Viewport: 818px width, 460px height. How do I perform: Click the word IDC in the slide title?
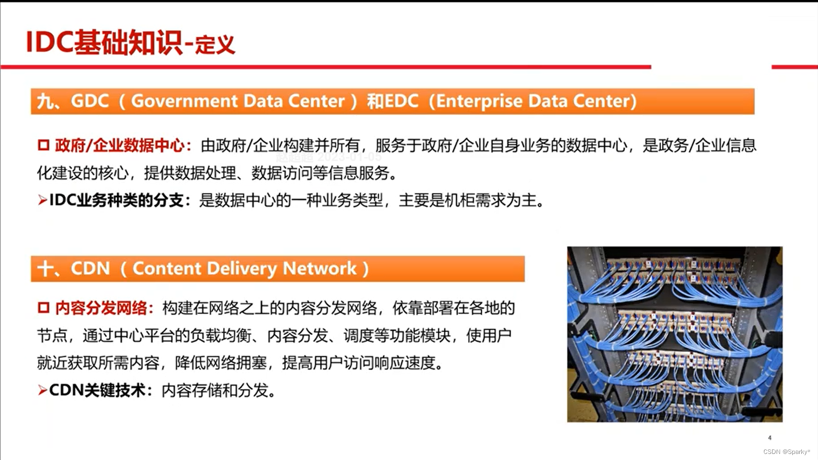point(49,42)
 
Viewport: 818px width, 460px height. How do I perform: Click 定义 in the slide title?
point(215,45)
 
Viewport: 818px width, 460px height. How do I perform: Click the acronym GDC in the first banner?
point(90,101)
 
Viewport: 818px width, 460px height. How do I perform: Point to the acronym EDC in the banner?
point(401,101)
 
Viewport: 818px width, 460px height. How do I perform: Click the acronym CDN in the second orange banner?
point(90,269)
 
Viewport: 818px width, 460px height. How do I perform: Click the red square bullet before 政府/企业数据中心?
point(43,145)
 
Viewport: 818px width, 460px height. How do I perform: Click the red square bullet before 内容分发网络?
point(43,308)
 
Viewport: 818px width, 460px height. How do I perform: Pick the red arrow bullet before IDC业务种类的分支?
point(42,200)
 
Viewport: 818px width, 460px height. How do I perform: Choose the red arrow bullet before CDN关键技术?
point(42,390)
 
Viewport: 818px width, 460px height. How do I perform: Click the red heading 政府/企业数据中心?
point(120,145)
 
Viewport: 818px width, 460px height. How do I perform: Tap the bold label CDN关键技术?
point(97,390)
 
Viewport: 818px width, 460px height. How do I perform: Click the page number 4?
point(770,438)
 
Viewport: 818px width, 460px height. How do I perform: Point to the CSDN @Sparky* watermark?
point(786,452)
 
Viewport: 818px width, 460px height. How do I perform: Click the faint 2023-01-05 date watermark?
point(349,157)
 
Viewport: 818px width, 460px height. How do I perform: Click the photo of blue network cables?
point(675,334)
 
